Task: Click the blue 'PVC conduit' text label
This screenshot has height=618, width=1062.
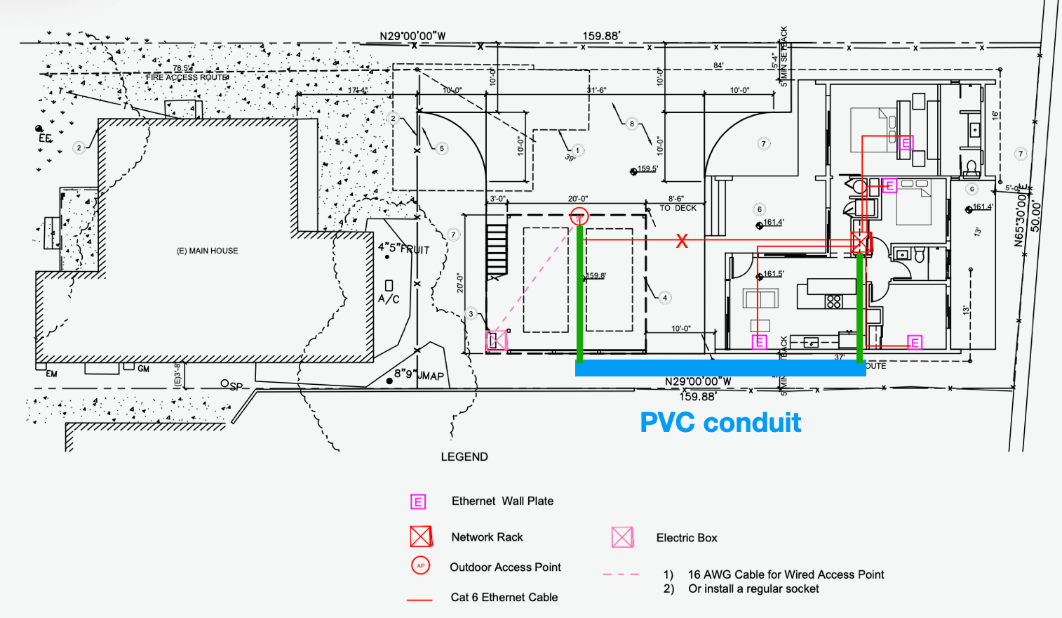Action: click(720, 423)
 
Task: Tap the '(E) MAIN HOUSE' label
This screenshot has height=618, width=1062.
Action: click(207, 251)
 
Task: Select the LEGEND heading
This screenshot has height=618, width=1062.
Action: click(464, 456)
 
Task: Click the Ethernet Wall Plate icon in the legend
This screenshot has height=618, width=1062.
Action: click(418, 501)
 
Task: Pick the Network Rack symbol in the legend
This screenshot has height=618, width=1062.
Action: click(421, 537)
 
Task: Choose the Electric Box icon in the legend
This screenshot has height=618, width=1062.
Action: click(622, 537)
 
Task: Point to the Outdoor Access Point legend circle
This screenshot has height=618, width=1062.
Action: click(421, 565)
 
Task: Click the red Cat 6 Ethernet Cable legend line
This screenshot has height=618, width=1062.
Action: click(419, 600)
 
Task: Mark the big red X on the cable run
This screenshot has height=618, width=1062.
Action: click(682, 241)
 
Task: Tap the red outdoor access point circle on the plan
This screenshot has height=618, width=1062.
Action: click(579, 216)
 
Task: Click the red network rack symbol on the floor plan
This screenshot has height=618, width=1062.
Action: click(861, 242)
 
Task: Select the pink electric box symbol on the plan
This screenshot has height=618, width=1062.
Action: click(497, 341)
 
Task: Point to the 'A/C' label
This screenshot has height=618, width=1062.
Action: click(389, 298)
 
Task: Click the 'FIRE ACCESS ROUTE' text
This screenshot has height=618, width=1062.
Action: click(187, 77)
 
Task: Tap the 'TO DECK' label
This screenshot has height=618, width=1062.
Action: click(678, 208)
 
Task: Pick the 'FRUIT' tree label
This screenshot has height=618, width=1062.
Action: click(415, 249)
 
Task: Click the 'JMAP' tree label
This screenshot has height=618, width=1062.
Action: click(431, 376)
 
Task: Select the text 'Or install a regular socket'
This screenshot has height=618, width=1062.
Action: click(753, 589)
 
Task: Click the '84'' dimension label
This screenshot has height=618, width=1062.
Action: click(718, 65)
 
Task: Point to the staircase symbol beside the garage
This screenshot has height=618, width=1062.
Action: click(497, 249)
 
